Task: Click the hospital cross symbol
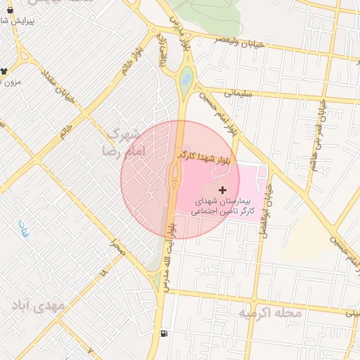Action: (223, 190)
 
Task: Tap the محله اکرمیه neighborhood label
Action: (270, 313)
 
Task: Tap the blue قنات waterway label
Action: (22, 229)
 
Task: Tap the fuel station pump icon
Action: (164, 334)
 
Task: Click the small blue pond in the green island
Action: (186, 79)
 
